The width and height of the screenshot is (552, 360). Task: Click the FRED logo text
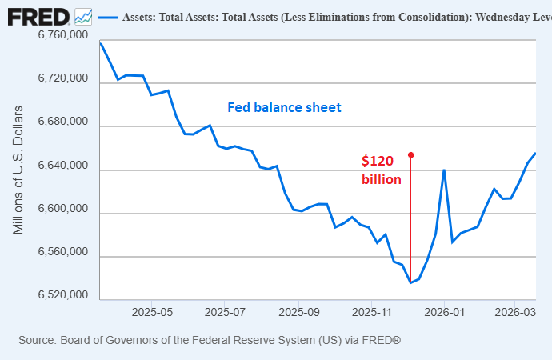pos(38,16)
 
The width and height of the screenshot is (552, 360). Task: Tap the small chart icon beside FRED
pos(82,16)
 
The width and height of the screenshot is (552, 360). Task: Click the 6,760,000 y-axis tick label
pos(62,36)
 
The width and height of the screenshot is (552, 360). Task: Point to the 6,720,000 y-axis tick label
pos(62,79)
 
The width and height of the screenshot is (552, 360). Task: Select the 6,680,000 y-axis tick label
pos(62,122)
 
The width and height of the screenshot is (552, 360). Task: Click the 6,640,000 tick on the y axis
pos(62,166)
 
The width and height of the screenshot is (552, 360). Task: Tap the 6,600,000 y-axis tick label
pos(62,210)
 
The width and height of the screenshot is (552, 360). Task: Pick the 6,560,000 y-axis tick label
pos(62,253)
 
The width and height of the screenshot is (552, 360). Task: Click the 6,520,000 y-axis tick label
pos(62,296)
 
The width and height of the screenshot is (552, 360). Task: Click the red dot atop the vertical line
pos(410,154)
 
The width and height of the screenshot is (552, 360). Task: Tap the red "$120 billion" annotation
pos(381,170)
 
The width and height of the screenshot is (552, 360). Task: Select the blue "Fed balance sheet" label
pos(284,107)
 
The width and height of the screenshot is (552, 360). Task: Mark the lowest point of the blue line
pos(410,282)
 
